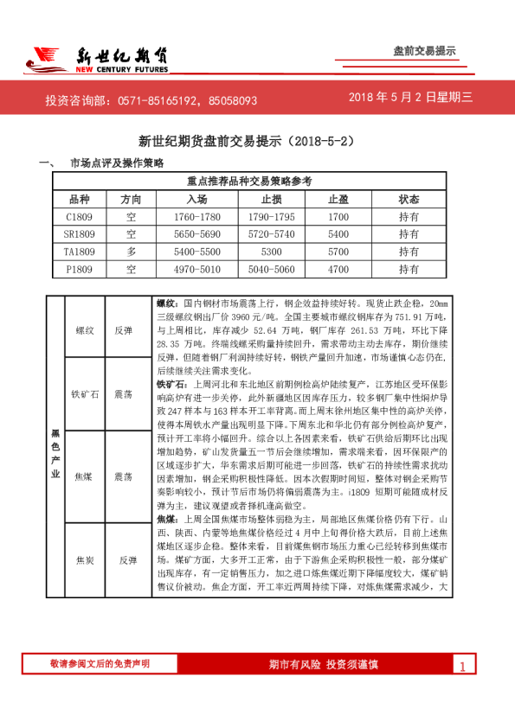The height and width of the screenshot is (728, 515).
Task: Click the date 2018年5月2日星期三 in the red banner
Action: [411, 99]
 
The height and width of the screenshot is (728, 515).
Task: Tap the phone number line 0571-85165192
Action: [151, 100]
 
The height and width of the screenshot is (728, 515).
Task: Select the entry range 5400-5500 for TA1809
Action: [196, 252]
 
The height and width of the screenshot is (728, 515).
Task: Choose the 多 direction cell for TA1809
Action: [131, 252]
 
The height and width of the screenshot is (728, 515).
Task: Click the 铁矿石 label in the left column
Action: [84, 393]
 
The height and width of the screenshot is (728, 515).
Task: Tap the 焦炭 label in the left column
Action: [84, 559]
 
